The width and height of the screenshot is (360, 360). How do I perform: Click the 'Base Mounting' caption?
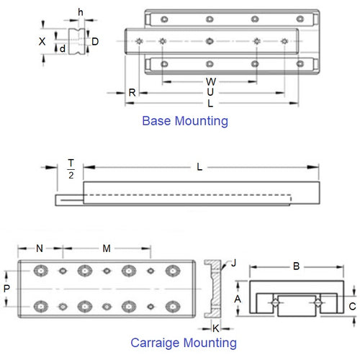tap(185, 121)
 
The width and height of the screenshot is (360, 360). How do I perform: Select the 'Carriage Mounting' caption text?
tap(183, 343)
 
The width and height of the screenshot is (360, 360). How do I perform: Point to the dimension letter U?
tap(210, 92)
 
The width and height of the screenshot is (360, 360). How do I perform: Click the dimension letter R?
tap(132, 93)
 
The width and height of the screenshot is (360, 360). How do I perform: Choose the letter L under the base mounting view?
tap(210, 104)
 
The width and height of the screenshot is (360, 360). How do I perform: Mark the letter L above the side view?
tap(199, 168)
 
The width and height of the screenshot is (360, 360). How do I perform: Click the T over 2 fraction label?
tap(71, 169)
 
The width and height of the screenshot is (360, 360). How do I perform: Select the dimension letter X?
tap(42, 42)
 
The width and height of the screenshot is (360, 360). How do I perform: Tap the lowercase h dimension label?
tap(80, 12)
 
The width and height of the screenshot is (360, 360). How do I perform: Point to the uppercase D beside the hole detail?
tap(96, 41)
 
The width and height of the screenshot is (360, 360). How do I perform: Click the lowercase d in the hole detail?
tap(63, 49)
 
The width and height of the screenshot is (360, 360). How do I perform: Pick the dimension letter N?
tap(40, 248)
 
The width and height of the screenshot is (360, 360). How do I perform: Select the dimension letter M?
tap(107, 248)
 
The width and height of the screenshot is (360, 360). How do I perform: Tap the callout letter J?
tap(232, 264)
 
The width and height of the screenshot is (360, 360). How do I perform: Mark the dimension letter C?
tap(352, 306)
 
